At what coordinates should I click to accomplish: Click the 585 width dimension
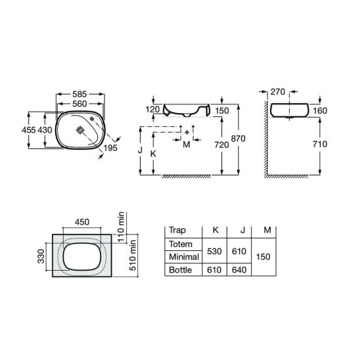[79, 94]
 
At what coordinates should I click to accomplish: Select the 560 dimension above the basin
[79, 104]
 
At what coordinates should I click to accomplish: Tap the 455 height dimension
[29, 130]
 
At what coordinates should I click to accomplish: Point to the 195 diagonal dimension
[110, 148]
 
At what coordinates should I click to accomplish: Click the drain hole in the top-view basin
[80, 130]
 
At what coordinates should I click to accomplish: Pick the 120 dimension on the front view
[152, 109]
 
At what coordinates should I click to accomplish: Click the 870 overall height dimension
[238, 139]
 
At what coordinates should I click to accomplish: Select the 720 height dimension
[221, 145]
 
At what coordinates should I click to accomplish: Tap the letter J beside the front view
[140, 150]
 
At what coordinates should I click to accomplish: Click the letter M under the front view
[187, 145]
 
